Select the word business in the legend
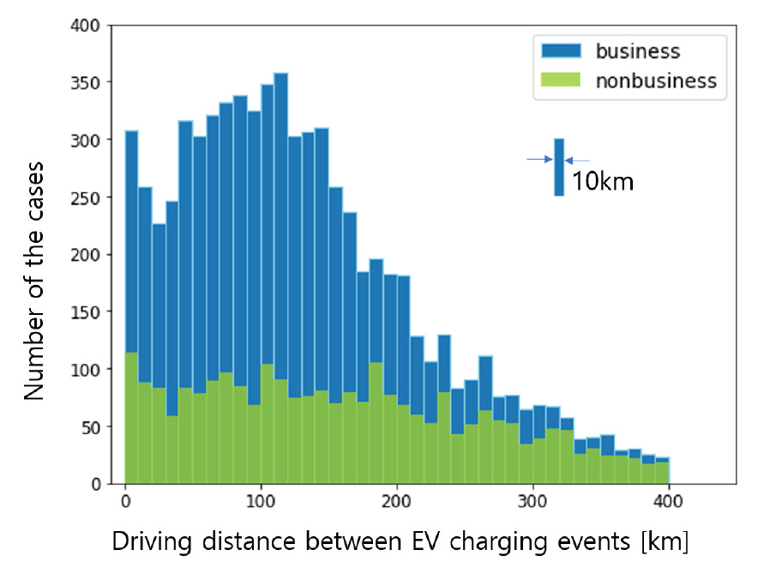pos(638,51)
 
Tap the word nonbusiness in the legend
pos(657,82)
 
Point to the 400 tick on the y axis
pos(89,27)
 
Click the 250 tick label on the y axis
pos(89,198)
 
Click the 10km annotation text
pos(603,182)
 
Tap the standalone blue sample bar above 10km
pos(559,166)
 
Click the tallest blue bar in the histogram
pos(280,215)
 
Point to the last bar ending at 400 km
pos(662,472)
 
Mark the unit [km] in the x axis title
pos(665,543)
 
